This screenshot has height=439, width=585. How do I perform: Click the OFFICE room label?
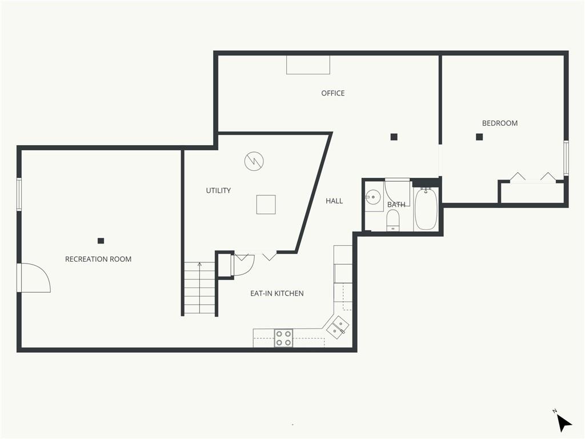click(x=333, y=93)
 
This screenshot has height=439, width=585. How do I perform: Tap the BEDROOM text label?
click(x=499, y=123)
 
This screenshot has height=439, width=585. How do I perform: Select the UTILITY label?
click(x=218, y=190)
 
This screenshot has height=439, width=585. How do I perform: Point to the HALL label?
click(x=334, y=201)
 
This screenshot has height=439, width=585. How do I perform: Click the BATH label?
click(x=396, y=205)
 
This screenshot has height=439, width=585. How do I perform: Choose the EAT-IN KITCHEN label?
click(x=277, y=293)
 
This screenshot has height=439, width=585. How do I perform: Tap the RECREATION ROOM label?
click(x=98, y=259)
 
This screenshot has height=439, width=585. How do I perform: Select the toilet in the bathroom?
click(x=392, y=220)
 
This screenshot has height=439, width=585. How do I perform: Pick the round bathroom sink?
click(x=372, y=197)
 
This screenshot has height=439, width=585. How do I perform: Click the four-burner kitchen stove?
click(x=283, y=338)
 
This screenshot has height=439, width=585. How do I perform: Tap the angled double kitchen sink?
click(x=338, y=327)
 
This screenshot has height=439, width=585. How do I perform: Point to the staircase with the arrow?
click(x=199, y=288)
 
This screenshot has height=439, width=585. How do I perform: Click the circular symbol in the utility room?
click(x=254, y=161)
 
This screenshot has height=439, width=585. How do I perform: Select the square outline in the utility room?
click(x=266, y=205)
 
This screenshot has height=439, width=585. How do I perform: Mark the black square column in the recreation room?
click(x=101, y=241)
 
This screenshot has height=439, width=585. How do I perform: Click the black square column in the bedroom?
click(x=479, y=137)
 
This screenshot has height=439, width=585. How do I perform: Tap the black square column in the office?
click(x=394, y=137)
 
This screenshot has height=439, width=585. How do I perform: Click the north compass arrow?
click(x=563, y=423)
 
